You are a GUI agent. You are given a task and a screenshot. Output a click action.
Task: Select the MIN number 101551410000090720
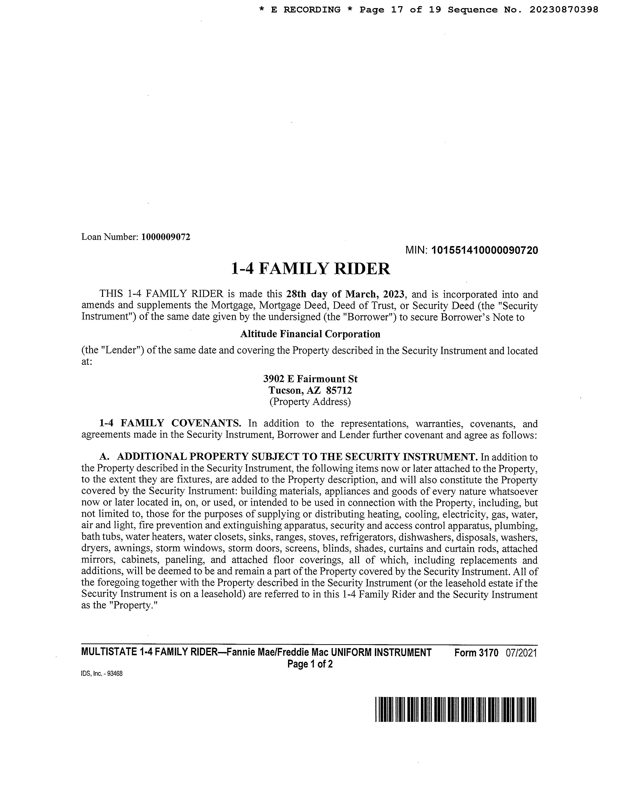click(485, 250)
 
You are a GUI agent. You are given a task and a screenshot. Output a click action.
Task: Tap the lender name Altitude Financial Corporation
click(310, 334)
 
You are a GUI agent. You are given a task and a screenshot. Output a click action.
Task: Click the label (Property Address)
click(310, 402)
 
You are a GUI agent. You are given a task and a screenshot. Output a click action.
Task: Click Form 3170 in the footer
click(476, 653)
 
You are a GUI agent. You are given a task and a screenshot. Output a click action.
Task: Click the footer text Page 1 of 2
click(310, 664)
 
